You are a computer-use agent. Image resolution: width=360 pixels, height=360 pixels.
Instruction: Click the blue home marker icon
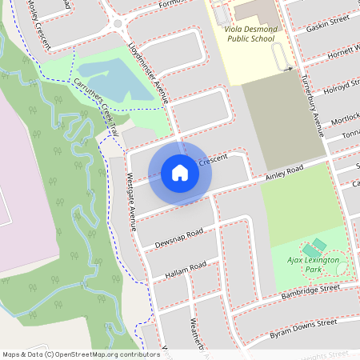[x=180, y=172]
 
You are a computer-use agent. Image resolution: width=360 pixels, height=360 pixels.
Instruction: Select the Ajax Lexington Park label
[x=313, y=265]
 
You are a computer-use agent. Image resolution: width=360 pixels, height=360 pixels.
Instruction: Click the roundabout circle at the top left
[x=118, y=23]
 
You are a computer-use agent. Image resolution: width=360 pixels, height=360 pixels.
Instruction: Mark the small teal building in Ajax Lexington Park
[x=319, y=244]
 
